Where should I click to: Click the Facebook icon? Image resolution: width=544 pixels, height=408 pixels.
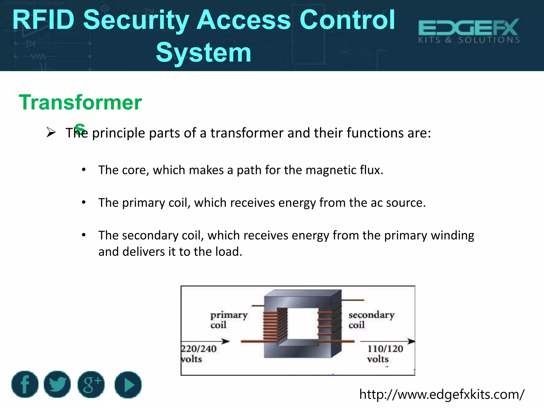tap(25, 384)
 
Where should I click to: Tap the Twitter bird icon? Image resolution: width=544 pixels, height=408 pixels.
tap(57, 384)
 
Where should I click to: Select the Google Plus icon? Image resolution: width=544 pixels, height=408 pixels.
tap(91, 384)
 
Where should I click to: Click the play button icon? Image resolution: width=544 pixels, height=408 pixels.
tap(128, 385)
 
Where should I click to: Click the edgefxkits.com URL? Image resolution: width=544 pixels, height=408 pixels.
tap(442, 394)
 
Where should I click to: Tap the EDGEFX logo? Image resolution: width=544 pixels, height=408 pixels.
tap(469, 31)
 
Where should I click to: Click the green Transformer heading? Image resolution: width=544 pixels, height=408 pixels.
tap(80, 103)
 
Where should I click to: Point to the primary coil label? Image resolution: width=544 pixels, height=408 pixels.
tap(229, 320)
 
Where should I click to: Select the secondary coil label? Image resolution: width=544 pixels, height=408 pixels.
tap(371, 320)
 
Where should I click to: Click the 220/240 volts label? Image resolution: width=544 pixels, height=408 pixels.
tap(199, 354)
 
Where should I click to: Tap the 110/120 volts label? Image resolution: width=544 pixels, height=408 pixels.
tap(385, 354)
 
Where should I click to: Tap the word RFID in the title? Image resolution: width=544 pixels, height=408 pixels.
tap(43, 20)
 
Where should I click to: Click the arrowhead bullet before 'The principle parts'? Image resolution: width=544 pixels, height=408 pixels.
tap(51, 132)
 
